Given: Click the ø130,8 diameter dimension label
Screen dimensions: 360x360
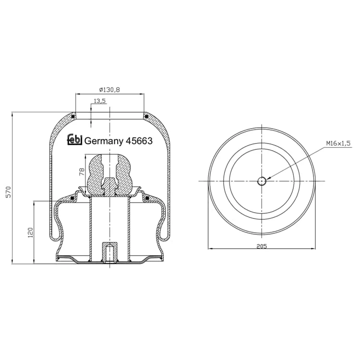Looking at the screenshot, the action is point(109,90).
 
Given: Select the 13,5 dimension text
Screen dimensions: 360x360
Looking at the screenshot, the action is point(100,101).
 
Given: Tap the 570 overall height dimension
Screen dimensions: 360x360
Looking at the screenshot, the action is point(8,192).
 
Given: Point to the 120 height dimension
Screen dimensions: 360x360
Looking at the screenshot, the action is point(30,232).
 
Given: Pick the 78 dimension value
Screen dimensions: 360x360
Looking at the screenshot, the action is point(82,172).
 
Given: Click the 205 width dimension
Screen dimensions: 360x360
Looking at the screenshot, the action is point(262,246).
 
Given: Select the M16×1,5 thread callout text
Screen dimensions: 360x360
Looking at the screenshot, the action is point(338,144).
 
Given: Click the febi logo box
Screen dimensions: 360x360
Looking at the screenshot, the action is point(74,140).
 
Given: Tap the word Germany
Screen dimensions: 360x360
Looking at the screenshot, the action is point(104,141).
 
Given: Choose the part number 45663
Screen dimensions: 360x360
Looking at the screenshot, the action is point(139,141).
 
